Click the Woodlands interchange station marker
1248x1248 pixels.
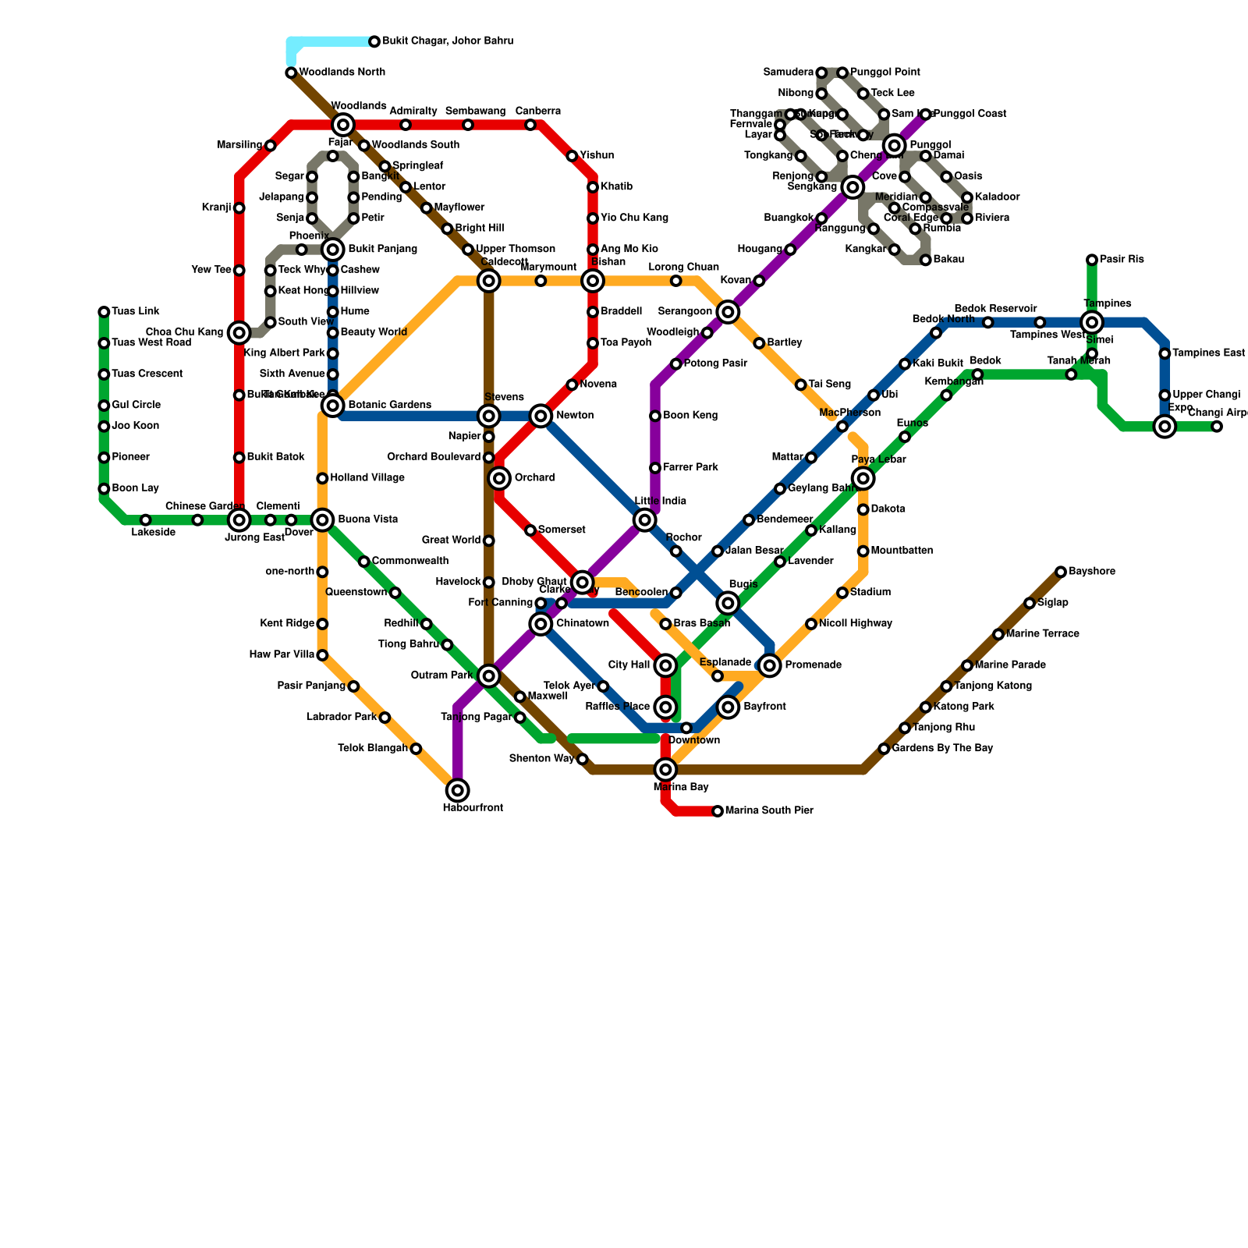tap(343, 125)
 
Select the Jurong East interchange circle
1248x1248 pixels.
tap(239, 520)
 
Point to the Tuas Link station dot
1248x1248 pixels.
tap(104, 312)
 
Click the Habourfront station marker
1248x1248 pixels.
tap(458, 791)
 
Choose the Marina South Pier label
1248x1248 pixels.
tap(769, 811)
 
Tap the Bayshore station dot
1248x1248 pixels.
tap(1061, 572)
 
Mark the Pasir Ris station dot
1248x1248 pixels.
tap(1092, 260)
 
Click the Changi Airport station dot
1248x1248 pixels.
tap(1217, 427)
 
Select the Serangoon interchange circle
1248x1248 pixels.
tap(728, 312)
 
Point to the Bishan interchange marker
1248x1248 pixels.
tap(593, 281)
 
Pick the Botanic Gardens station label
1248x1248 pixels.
tap(389, 406)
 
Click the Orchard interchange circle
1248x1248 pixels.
tap(499, 478)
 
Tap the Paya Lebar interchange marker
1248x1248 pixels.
tap(863, 478)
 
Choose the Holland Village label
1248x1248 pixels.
tap(367, 478)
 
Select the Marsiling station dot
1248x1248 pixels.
tap(271, 146)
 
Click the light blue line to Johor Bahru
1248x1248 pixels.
tap(328, 41)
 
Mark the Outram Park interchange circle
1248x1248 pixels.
tap(489, 675)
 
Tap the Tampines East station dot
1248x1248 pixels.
tap(1165, 353)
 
